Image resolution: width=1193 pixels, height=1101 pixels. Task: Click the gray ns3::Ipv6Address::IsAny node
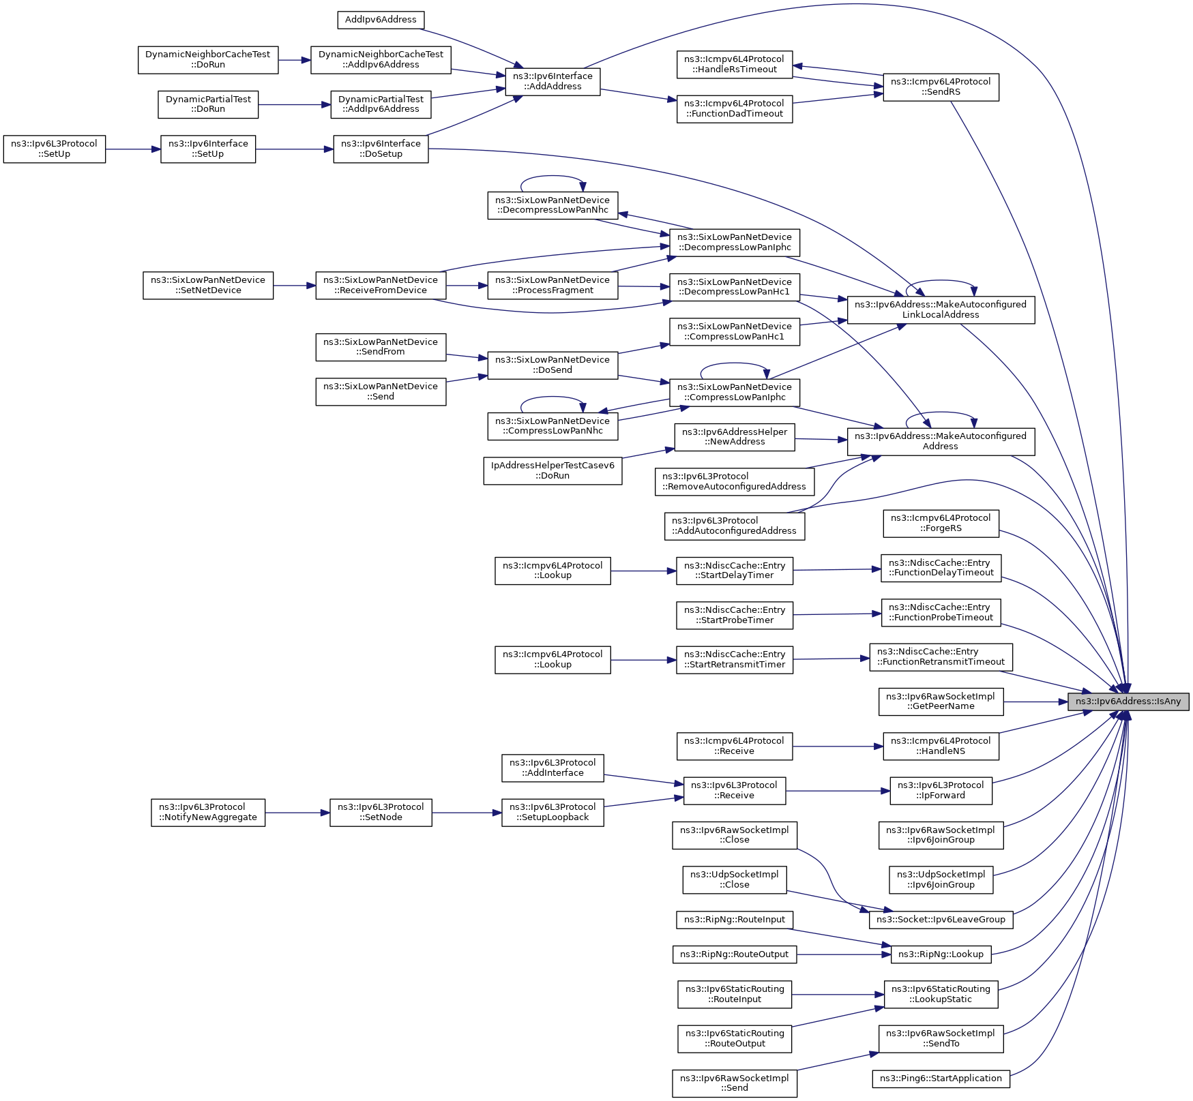1128,702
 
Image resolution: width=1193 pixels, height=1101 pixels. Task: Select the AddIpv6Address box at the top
381,20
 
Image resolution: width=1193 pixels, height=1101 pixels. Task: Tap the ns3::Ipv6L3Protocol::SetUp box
55,149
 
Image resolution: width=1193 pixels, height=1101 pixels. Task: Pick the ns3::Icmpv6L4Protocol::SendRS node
941,87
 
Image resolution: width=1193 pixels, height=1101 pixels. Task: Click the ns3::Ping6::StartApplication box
941,1079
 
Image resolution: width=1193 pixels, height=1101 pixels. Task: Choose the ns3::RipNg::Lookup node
941,954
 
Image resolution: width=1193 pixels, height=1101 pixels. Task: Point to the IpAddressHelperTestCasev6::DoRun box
553,471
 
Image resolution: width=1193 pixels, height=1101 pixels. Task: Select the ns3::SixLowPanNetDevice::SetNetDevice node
208,286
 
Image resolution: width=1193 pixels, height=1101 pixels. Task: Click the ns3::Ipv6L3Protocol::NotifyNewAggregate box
208,813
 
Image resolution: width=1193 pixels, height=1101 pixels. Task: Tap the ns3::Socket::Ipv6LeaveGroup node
941,920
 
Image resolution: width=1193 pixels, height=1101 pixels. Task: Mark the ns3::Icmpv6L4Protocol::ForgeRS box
941,524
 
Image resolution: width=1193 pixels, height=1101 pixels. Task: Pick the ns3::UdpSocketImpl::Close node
734,880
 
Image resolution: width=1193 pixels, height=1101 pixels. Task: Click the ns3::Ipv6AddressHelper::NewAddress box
735,437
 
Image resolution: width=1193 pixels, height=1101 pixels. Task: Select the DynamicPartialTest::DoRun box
208,104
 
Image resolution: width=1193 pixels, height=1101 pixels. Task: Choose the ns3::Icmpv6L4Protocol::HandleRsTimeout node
735,65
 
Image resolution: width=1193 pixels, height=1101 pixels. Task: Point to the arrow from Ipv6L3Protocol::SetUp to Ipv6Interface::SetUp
133,149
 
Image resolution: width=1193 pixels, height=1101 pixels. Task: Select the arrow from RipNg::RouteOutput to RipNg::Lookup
843,954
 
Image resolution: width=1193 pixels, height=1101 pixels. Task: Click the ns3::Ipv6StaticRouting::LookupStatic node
941,995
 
